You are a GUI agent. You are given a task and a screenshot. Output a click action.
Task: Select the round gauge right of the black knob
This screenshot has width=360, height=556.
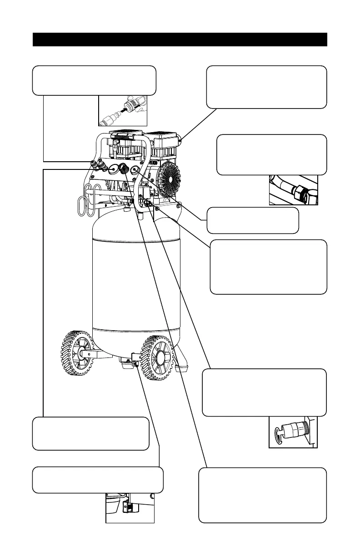(135, 170)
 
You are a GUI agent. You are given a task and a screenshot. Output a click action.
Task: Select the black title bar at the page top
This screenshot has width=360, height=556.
(180, 40)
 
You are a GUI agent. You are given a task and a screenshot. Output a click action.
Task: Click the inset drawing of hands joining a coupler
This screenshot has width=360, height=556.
(123, 110)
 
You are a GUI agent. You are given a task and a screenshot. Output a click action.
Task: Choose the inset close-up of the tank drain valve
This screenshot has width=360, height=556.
(130, 508)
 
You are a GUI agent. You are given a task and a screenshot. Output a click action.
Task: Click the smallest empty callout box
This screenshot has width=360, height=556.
(253, 220)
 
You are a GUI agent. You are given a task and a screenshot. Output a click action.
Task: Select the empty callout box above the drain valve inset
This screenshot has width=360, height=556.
(98, 480)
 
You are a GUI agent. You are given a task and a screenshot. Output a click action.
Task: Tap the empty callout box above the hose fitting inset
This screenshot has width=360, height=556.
(272, 154)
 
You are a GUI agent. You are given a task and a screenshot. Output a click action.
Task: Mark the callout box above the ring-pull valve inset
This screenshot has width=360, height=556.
(264, 392)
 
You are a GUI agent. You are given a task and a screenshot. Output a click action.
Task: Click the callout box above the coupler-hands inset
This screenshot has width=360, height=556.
(95, 80)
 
